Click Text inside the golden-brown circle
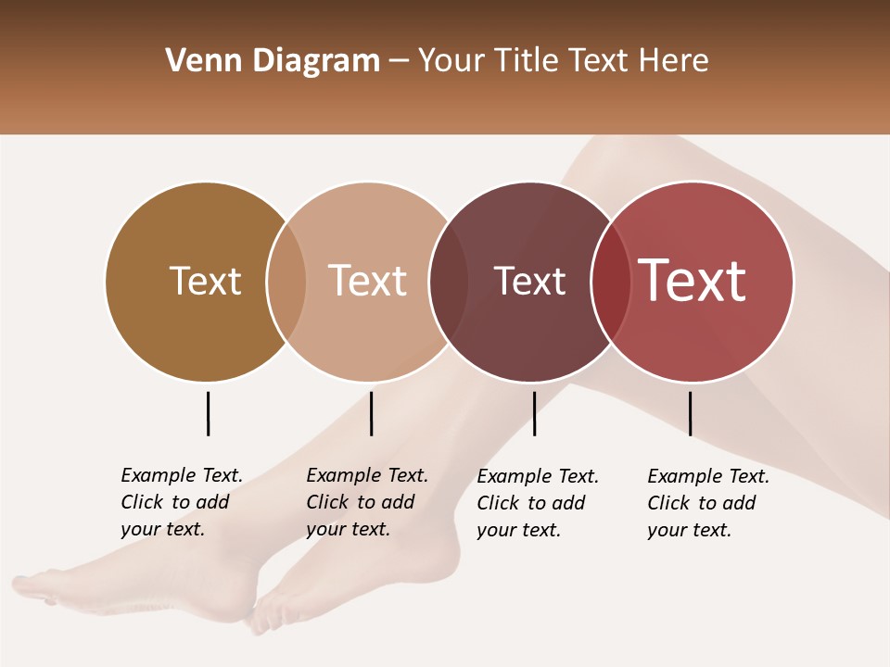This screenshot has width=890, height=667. [x=205, y=281]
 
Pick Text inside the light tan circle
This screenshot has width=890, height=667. [x=368, y=281]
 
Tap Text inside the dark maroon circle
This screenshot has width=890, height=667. [x=529, y=281]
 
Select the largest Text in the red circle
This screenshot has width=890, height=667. [x=693, y=281]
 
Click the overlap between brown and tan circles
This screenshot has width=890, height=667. [x=286, y=281]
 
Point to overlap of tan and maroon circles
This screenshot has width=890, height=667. [x=449, y=281]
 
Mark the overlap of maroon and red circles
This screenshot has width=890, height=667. [x=611, y=281]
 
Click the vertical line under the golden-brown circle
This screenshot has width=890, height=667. [x=208, y=413]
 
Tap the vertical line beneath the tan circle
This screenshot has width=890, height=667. [x=371, y=413]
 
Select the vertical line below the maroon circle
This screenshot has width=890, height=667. [x=534, y=413]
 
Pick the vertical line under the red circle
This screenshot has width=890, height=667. [x=690, y=413]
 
